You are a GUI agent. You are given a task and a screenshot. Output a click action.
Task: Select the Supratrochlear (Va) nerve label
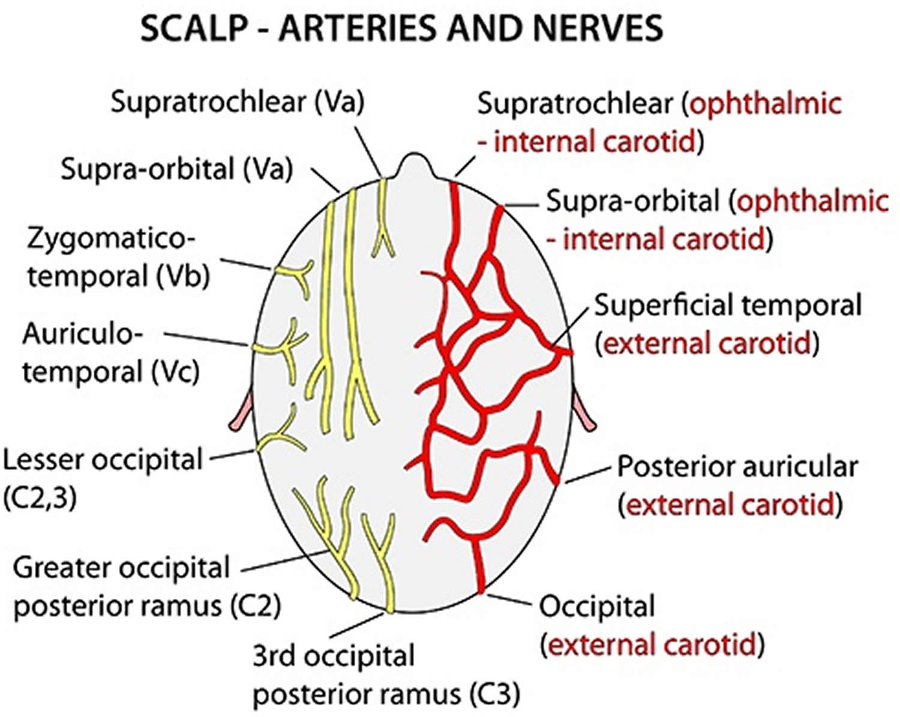238,103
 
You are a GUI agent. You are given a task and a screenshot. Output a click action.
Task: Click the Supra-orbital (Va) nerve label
176,170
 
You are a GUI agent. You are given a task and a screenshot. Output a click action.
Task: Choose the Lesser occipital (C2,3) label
102,460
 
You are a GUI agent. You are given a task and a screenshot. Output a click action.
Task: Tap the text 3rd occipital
333,656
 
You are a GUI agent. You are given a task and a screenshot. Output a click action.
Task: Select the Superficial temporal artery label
727,306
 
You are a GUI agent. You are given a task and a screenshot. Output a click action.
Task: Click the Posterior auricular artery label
737,467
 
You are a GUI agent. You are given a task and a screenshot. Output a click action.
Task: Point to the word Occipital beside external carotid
597,607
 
